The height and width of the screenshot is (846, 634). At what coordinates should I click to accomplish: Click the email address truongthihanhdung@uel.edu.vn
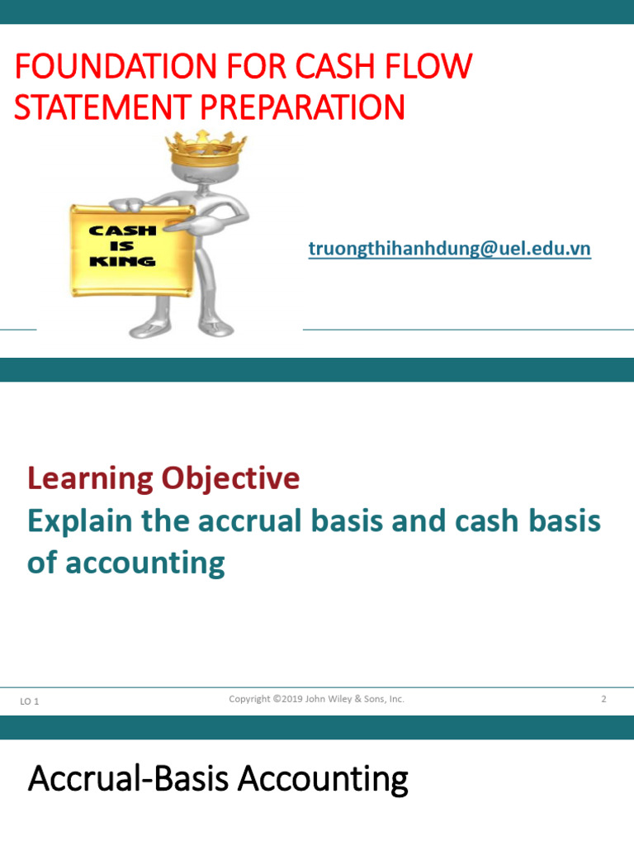click(x=449, y=249)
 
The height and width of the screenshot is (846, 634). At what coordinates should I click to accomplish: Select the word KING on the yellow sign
click(x=123, y=261)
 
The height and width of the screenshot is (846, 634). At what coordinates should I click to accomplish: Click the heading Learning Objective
click(x=163, y=478)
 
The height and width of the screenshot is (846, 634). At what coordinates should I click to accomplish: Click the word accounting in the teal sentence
click(x=144, y=563)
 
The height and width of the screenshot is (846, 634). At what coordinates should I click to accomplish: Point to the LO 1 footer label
click(x=30, y=701)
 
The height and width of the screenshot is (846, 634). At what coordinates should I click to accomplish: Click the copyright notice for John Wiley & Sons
click(x=316, y=699)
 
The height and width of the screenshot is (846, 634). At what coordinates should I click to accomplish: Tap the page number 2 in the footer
click(x=603, y=699)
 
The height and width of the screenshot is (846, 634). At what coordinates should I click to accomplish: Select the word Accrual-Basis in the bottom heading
click(x=121, y=779)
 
